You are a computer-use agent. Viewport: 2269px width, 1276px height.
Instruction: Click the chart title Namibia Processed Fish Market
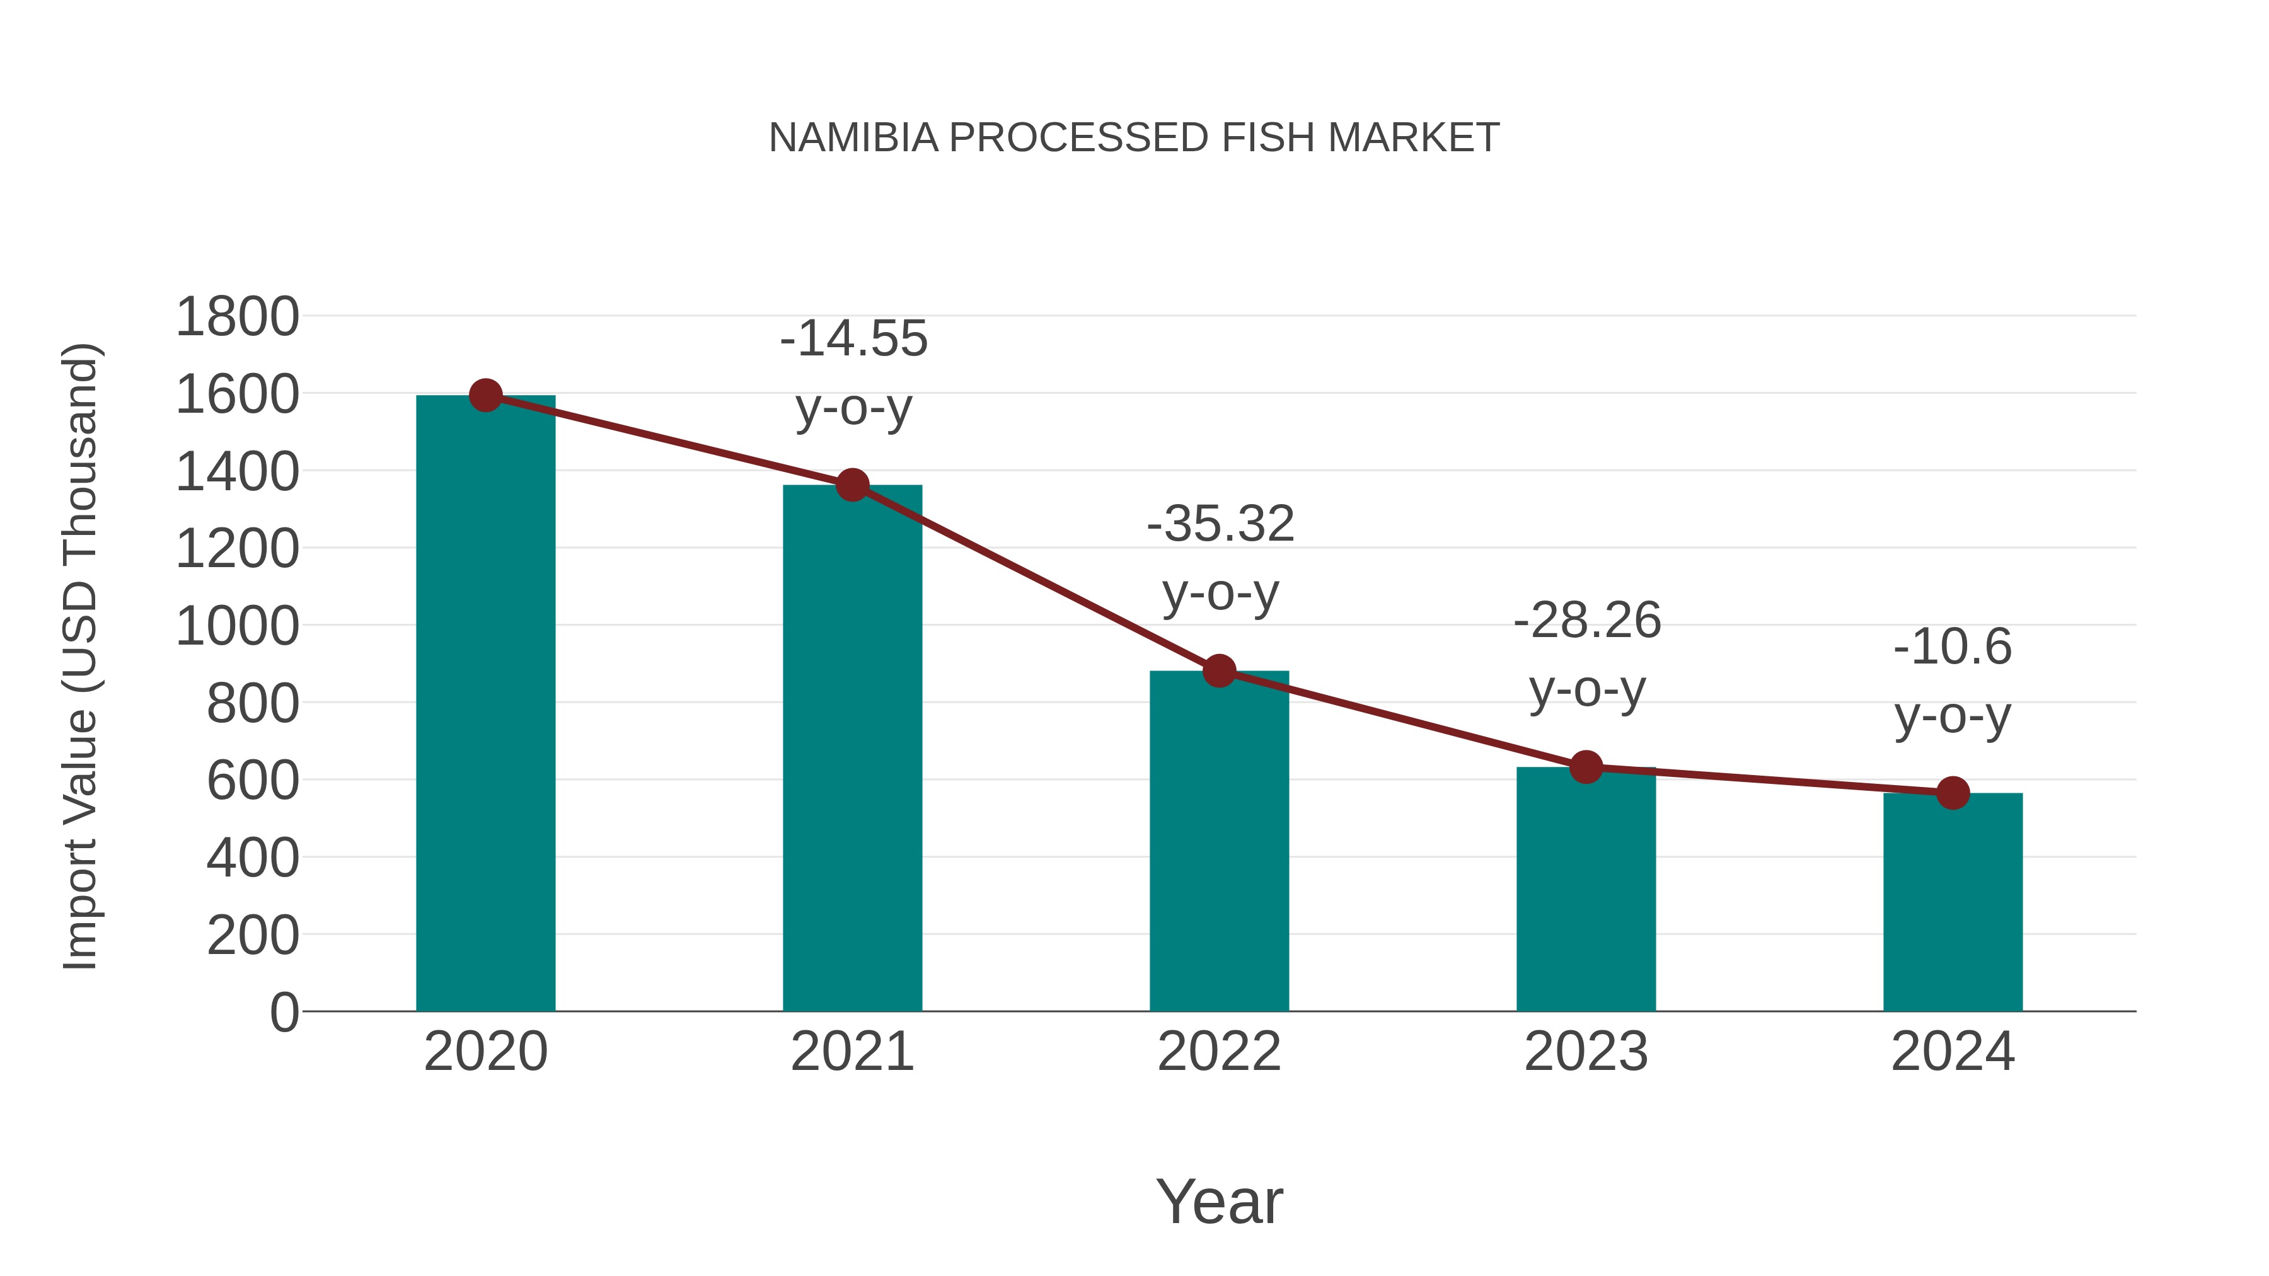[x=1134, y=138]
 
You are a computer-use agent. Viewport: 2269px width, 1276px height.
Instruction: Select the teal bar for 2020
[x=485, y=704]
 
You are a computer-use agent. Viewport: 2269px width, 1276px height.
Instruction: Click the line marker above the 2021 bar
[x=852, y=485]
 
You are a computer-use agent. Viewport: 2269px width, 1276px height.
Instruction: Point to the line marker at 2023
[x=1586, y=767]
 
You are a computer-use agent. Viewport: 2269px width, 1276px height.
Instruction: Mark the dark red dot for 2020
[x=485, y=395]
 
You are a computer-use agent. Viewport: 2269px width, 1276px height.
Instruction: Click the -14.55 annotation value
[x=853, y=339]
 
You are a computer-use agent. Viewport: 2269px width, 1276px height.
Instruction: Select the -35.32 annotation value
[x=1220, y=524]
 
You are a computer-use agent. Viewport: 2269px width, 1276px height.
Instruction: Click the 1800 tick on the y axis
[x=237, y=317]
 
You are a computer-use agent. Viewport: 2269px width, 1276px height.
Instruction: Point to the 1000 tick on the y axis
[x=237, y=627]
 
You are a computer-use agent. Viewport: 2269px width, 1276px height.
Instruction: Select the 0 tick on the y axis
[x=284, y=1013]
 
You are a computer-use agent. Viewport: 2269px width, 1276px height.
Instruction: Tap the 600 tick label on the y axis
[x=252, y=781]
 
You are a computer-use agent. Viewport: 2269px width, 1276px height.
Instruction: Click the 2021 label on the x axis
[x=852, y=1052]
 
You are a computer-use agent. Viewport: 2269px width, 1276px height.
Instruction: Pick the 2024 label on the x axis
[x=1953, y=1052]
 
